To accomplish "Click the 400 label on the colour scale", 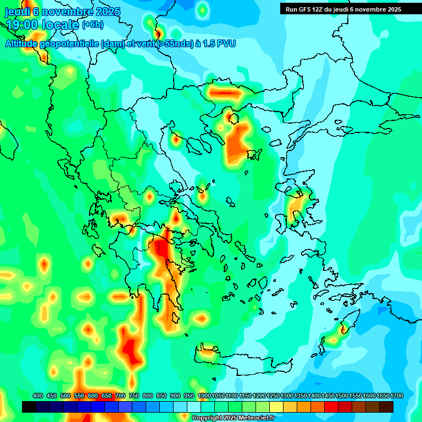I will [x=38, y=396].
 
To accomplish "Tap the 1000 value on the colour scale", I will [x=204, y=396].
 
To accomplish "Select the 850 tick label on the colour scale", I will [x=162, y=396].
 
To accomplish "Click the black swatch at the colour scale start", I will [x=29, y=407].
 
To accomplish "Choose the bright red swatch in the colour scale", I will [x=331, y=407].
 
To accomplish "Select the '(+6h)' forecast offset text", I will [x=93, y=25].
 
